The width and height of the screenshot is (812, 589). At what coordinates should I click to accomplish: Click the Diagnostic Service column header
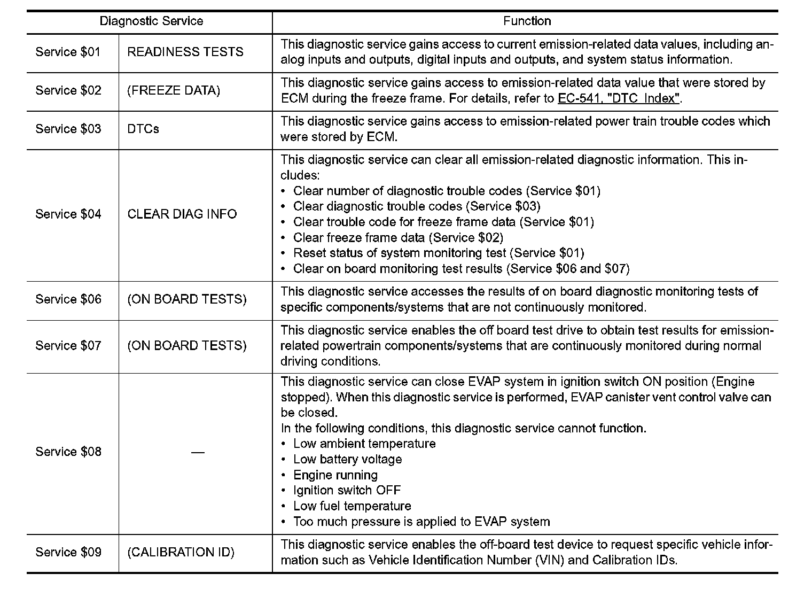pos(151,21)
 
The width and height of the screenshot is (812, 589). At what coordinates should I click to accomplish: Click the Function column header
pos(527,21)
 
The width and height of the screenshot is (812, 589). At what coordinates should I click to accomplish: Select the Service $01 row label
pos(68,52)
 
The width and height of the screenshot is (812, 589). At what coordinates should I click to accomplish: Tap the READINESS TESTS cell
pos(185,52)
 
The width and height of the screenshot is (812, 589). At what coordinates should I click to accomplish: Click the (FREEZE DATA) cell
pos(174,90)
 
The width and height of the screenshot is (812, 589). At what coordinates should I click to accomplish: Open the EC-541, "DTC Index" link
pos(619,98)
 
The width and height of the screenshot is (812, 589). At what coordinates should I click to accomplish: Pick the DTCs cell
pos(143,129)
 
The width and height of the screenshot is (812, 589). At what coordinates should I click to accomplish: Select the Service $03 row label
pos(68,129)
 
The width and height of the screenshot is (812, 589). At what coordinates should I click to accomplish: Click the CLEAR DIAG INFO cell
pos(182,214)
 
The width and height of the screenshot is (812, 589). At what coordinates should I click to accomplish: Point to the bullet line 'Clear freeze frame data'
pos(398,237)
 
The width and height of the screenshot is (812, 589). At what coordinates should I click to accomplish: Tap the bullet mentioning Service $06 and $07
pos(461,268)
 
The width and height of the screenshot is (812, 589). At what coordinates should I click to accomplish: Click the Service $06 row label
pos(68,299)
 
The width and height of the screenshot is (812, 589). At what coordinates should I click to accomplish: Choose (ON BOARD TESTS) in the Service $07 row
pos(187,345)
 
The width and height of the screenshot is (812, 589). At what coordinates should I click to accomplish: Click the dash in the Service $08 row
pos(198,452)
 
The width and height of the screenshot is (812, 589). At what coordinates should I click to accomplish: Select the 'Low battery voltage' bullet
pos(347,459)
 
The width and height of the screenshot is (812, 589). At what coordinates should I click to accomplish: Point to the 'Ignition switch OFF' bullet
pos(347,490)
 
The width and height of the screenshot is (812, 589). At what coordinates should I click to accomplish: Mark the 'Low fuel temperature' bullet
pos(352,506)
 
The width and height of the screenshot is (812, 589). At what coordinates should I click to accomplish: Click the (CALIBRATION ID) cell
pos(181,552)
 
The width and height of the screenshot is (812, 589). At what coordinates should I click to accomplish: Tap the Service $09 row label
pos(68,552)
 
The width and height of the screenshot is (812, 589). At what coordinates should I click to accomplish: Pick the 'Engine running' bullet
pos(335,475)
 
